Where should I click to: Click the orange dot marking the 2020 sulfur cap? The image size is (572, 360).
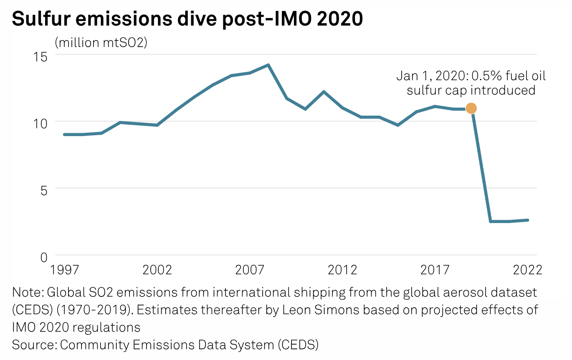[471, 108]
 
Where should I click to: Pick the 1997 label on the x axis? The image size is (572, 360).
[65, 270]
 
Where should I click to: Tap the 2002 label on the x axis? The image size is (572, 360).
[157, 270]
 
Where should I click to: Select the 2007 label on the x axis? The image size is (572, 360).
[250, 270]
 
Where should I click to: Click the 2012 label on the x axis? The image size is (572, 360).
[342, 270]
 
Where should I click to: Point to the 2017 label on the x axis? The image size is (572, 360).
[435, 270]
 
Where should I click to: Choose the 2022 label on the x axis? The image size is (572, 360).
[527, 270]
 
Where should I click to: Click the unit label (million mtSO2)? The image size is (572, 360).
[101, 43]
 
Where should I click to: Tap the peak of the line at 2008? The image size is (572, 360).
[268, 65]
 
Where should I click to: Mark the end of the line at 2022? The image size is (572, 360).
[528, 220]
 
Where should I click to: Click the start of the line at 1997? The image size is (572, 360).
[64, 134]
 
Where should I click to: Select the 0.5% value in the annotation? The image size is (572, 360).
[486, 76]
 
